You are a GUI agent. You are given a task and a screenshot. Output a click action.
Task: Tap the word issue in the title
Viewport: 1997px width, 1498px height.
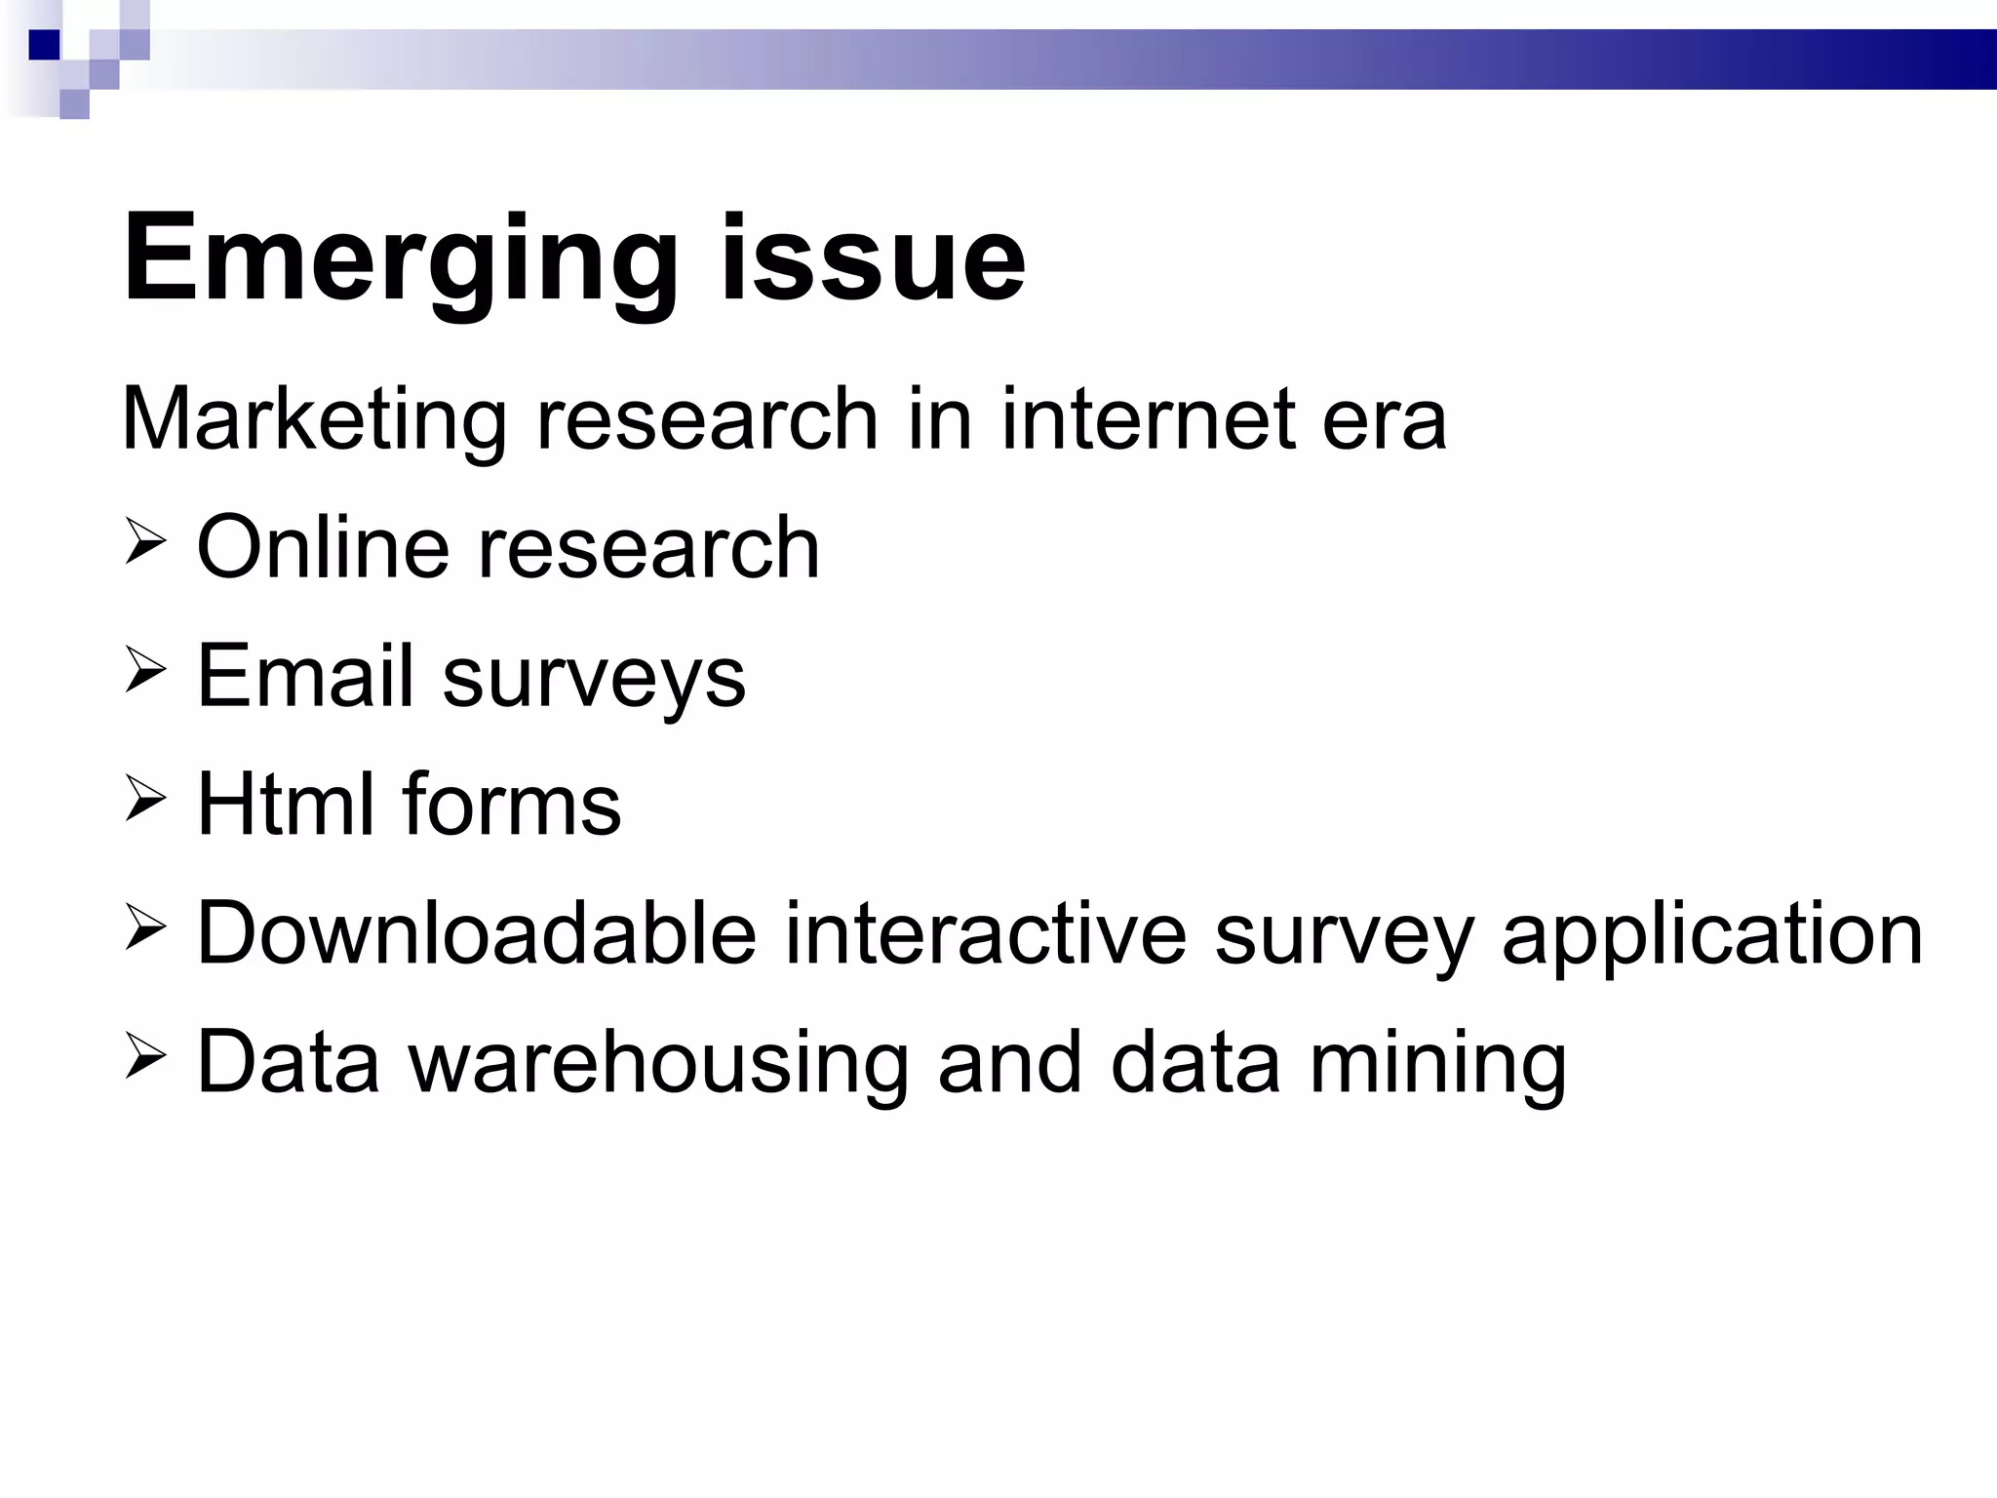pyautogui.click(x=873, y=259)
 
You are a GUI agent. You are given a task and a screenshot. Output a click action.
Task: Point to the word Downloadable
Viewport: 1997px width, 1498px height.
pyautogui.click(x=477, y=933)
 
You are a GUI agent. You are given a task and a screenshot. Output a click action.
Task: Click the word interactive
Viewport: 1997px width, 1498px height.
pyautogui.click(x=985, y=933)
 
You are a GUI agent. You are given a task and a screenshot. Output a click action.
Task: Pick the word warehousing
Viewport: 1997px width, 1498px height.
pyautogui.click(x=658, y=1063)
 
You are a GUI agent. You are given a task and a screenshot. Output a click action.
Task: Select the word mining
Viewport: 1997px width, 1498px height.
pyautogui.click(x=1437, y=1063)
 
